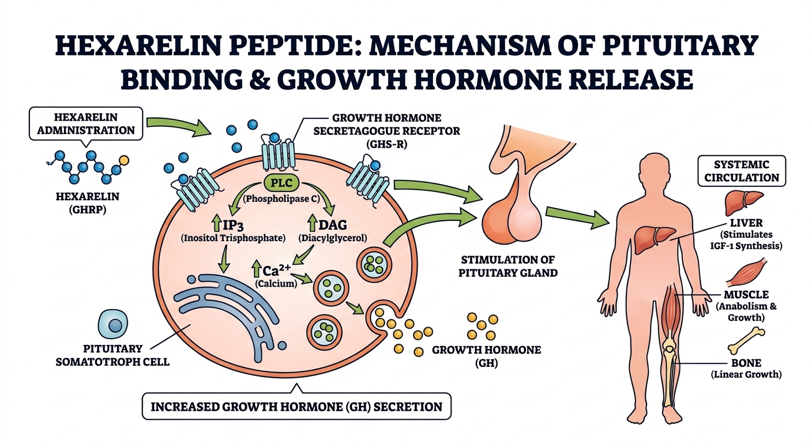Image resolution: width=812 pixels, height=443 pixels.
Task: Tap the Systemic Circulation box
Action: tap(741, 171)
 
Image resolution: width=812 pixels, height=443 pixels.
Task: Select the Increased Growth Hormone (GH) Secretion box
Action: tap(296, 407)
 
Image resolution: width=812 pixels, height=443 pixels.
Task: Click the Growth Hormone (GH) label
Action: tap(486, 356)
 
